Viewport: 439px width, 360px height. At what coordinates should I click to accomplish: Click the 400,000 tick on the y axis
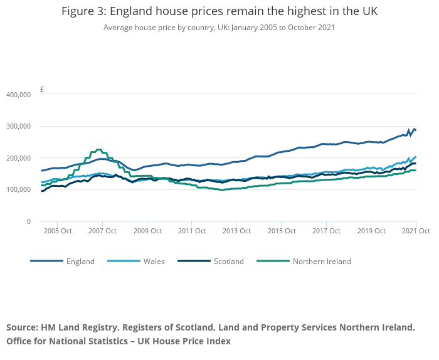(18, 95)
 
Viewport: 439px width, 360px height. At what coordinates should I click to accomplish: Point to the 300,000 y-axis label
(18, 126)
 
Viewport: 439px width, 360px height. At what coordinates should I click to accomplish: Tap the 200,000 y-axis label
(18, 158)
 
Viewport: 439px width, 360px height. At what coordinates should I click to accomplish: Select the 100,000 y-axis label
(18, 189)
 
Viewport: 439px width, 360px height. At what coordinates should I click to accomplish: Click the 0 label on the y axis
(28, 221)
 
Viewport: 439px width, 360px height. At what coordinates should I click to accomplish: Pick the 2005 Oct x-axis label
(57, 231)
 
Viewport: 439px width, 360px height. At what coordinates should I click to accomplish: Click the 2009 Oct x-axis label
(147, 231)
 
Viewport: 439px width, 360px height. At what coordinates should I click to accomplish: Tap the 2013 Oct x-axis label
(236, 231)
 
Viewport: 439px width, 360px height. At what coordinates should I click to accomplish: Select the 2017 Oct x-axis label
(326, 231)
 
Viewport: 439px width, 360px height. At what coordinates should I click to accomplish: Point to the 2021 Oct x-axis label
(416, 231)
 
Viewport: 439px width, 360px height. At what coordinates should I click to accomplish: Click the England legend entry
(80, 262)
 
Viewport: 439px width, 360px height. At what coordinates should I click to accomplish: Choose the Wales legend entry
(154, 262)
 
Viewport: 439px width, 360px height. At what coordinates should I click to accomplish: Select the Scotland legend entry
(228, 262)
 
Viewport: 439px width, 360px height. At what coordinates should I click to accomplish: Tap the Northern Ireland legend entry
(322, 262)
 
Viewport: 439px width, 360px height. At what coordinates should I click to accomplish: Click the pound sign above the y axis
(42, 89)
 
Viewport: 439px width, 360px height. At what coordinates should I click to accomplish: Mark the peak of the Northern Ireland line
(98, 149)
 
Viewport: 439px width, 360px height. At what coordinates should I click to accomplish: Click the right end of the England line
(415, 130)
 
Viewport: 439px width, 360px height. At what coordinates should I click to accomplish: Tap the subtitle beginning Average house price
(219, 28)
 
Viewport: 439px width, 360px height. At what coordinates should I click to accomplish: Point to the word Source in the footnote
(22, 327)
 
